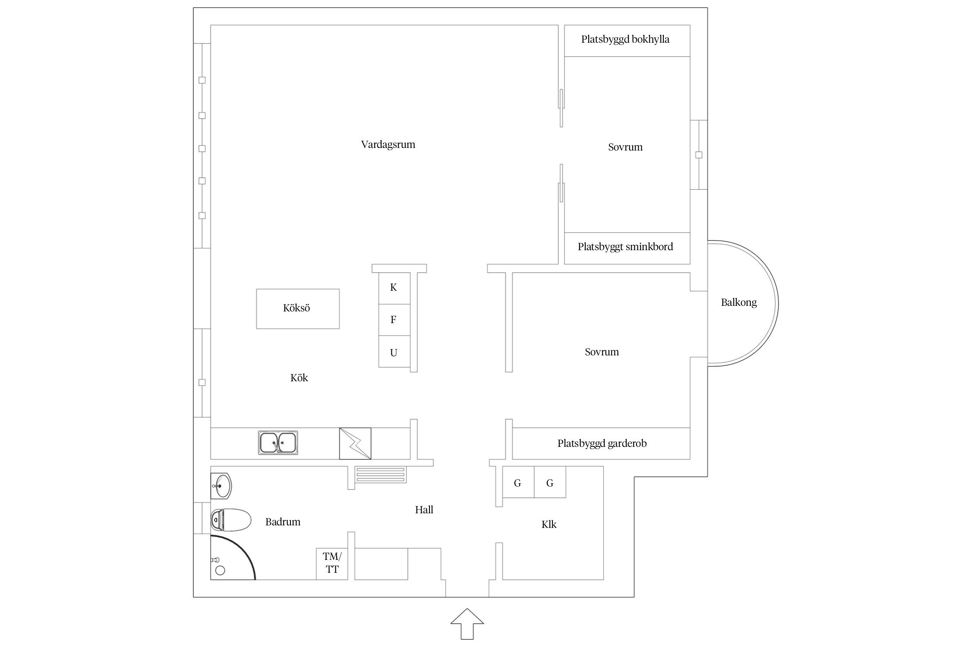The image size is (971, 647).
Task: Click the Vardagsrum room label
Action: (x=388, y=144)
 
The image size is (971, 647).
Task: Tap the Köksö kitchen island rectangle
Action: (x=297, y=308)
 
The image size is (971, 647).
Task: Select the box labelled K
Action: (x=394, y=288)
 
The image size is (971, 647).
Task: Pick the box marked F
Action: (x=394, y=320)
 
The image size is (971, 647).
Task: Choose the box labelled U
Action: (x=394, y=352)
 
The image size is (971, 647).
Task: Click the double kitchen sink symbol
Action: (x=278, y=443)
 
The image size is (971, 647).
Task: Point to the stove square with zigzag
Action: (x=355, y=443)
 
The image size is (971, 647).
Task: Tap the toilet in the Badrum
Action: (x=230, y=520)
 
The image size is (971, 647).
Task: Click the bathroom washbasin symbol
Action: (x=221, y=486)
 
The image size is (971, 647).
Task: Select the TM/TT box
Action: (x=332, y=563)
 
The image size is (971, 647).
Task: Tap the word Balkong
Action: (x=738, y=302)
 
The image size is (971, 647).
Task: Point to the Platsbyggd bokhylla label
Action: (x=625, y=40)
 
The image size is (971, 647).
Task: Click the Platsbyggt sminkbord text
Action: (x=625, y=247)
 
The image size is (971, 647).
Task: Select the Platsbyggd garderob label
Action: (x=602, y=443)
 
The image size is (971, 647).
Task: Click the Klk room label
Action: (x=549, y=525)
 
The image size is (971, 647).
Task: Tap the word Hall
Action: (x=424, y=510)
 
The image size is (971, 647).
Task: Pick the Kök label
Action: (x=299, y=378)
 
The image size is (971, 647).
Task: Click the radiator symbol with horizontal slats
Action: (x=381, y=475)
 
